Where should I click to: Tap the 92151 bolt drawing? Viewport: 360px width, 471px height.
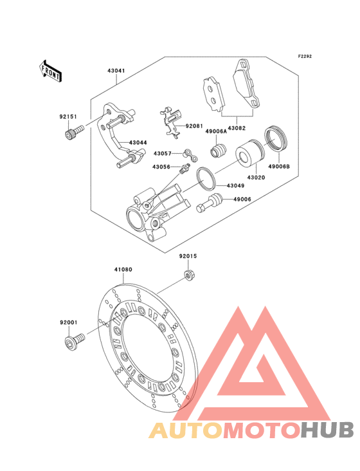click(71, 133)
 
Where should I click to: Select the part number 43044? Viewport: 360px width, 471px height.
click(138, 142)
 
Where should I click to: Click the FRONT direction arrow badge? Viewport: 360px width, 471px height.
click(51, 71)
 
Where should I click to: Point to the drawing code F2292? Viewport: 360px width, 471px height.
click(304, 57)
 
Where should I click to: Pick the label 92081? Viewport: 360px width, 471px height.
click(194, 127)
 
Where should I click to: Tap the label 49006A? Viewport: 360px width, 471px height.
click(215, 131)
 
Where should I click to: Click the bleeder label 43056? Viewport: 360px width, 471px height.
click(161, 167)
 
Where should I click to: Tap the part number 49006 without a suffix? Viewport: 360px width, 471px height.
click(242, 199)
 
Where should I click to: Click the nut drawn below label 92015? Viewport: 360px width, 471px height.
click(190, 276)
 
